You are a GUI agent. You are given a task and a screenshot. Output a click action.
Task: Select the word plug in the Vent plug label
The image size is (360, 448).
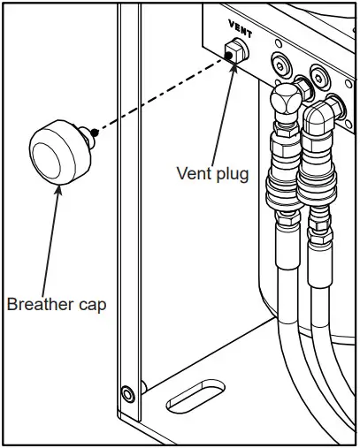tap(232, 174)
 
